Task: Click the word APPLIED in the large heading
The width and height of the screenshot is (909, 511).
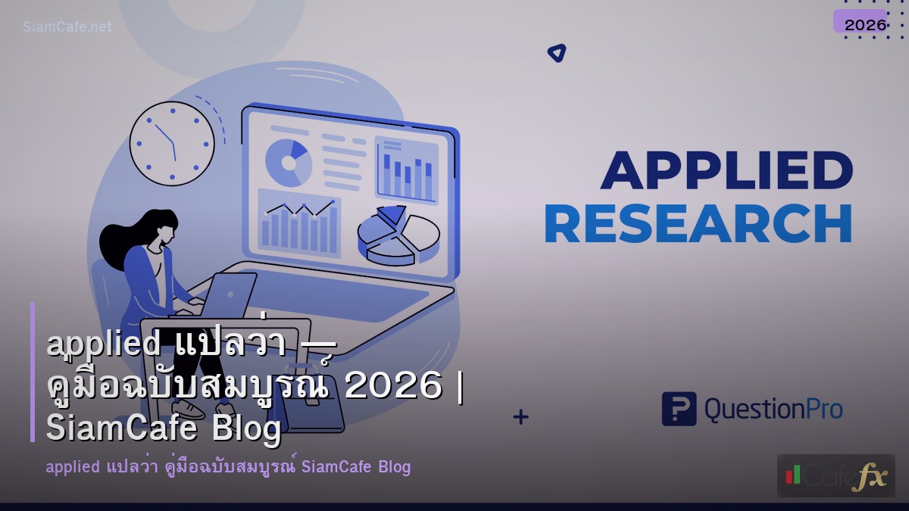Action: pyautogui.click(x=726, y=170)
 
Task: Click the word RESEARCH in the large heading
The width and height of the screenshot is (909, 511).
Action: pyautogui.click(x=698, y=224)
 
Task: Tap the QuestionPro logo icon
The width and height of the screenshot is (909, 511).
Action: pyautogui.click(x=678, y=409)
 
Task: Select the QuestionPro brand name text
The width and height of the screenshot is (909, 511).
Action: pyautogui.click(x=773, y=410)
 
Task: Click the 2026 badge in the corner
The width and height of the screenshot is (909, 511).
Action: pyautogui.click(x=864, y=24)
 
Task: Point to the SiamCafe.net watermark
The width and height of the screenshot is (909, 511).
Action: pyautogui.click(x=67, y=27)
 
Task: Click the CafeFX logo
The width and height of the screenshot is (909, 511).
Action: pyautogui.click(x=836, y=475)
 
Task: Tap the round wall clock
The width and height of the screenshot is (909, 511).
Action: pyautogui.click(x=172, y=143)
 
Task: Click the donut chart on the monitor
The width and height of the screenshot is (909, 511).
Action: pyautogui.click(x=289, y=161)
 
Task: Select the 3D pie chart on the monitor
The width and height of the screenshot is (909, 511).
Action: pyautogui.click(x=397, y=234)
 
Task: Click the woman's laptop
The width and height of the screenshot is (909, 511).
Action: pyautogui.click(x=227, y=295)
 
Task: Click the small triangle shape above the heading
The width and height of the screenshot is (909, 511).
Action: pyautogui.click(x=557, y=53)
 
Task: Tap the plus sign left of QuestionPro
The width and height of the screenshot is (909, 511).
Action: pyautogui.click(x=520, y=416)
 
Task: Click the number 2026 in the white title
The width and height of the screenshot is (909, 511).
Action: pyautogui.click(x=392, y=387)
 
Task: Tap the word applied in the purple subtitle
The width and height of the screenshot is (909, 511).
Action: pyautogui.click(x=72, y=466)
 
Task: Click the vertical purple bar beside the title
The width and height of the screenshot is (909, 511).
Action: pyautogui.click(x=33, y=372)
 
